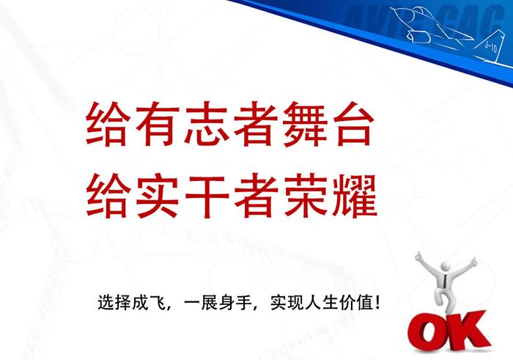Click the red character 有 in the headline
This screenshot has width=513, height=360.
click(x=158, y=124)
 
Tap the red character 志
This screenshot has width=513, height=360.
click(x=207, y=124)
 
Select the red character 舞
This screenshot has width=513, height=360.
click(x=306, y=124)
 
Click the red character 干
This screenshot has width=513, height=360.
click(x=207, y=196)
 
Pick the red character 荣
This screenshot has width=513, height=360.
click(x=306, y=196)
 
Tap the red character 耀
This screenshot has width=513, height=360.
click(x=355, y=196)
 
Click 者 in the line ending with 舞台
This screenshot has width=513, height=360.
click(x=256, y=124)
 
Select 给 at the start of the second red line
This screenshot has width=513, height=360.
click(x=107, y=196)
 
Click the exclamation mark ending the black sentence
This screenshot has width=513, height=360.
click(x=378, y=302)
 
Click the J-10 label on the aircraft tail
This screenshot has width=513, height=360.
click(x=491, y=48)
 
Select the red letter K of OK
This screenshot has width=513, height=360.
click(x=468, y=331)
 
